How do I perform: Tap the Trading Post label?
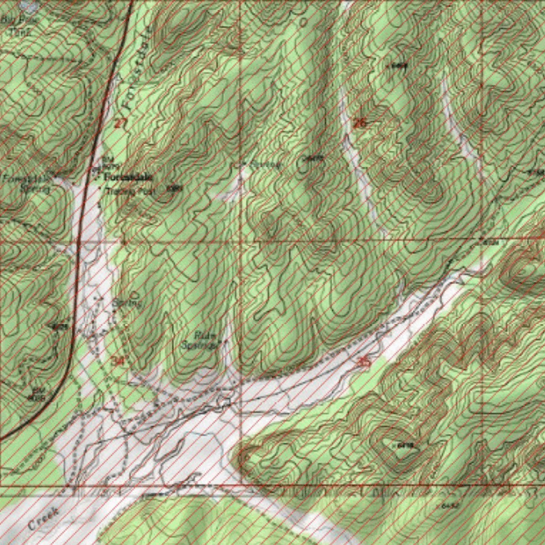[x=128, y=190]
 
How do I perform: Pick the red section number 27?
[x=121, y=123]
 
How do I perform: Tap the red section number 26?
[x=360, y=123]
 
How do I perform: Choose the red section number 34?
[x=118, y=360]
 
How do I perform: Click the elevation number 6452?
[x=450, y=505]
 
